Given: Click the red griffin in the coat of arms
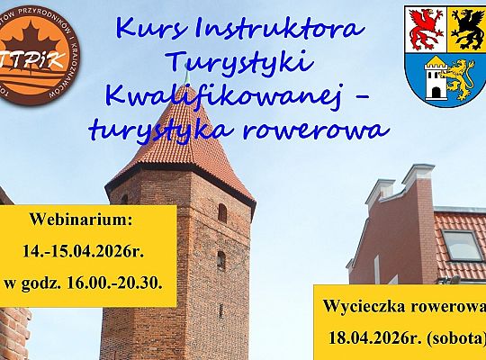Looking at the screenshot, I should tap(424, 28).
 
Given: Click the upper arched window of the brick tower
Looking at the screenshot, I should tap(221, 212).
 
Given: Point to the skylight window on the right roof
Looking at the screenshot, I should tap(462, 245).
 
